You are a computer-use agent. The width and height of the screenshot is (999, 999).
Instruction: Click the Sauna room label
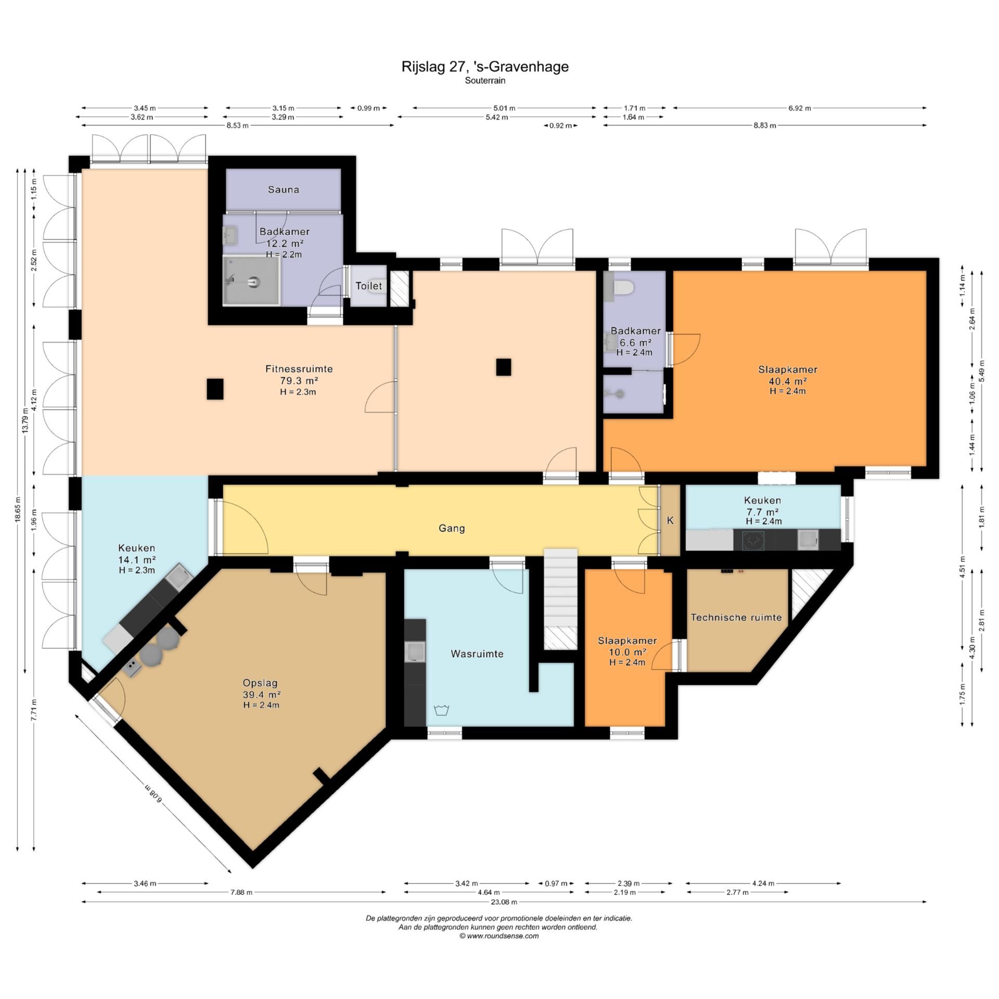pyautogui.click(x=284, y=189)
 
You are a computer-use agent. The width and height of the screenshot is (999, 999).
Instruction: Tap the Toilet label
pyautogui.click(x=369, y=286)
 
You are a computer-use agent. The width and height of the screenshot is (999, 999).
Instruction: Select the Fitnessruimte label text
pyautogui.click(x=299, y=369)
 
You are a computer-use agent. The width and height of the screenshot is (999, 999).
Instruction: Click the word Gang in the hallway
pyautogui.click(x=452, y=528)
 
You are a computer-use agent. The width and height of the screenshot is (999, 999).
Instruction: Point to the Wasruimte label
pyautogui.click(x=477, y=654)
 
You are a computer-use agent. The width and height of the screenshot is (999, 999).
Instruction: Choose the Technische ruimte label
pyautogui.click(x=736, y=618)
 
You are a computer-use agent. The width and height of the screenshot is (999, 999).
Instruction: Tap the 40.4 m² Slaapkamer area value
pyautogui.click(x=788, y=381)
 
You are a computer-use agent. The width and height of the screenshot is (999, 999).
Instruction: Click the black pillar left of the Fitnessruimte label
pyautogui.click(x=215, y=389)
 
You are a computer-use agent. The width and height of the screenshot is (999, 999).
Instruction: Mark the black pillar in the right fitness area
pyautogui.click(x=503, y=367)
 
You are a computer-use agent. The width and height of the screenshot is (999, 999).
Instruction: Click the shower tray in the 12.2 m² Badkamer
pyautogui.click(x=252, y=280)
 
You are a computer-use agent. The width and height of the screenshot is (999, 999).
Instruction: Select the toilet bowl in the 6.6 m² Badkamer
pyautogui.click(x=622, y=287)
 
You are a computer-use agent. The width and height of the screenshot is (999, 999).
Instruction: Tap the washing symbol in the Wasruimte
pyautogui.click(x=441, y=710)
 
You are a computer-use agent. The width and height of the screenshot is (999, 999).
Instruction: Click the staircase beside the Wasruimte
pyautogui.click(x=560, y=598)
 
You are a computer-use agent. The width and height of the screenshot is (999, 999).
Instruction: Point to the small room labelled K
pyautogui.click(x=670, y=520)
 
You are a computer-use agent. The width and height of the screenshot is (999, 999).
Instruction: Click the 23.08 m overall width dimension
pyautogui.click(x=504, y=902)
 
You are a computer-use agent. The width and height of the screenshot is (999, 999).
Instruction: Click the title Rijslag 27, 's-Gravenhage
pyautogui.click(x=485, y=67)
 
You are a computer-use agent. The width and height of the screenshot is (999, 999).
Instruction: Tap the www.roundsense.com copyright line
pyautogui.click(x=499, y=936)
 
